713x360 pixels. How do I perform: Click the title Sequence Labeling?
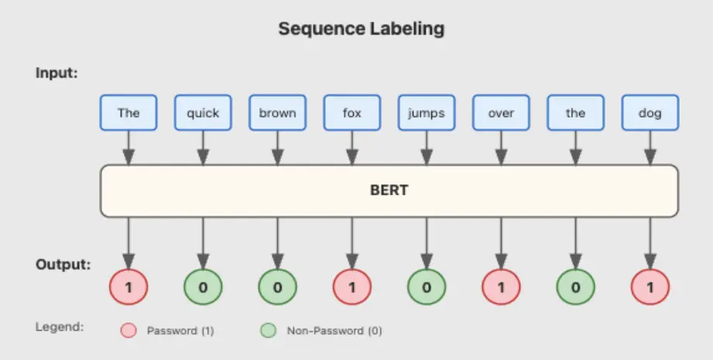pyautogui.click(x=361, y=29)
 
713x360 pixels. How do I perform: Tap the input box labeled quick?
pyautogui.click(x=203, y=113)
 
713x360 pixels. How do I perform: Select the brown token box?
pyautogui.click(x=277, y=113)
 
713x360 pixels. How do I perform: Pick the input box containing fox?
pyautogui.click(x=352, y=113)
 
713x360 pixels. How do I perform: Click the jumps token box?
pyautogui.click(x=427, y=113)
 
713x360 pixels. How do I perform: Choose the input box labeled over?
pyautogui.click(x=501, y=113)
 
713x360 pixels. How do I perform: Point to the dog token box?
pyautogui.click(x=650, y=113)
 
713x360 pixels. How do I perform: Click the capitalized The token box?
pyautogui.click(x=129, y=113)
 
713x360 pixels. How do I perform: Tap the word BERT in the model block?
pyautogui.click(x=389, y=190)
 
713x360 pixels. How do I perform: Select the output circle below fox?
pyautogui.click(x=352, y=286)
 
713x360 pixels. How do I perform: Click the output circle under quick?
pyautogui.click(x=203, y=286)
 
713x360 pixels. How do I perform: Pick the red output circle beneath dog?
pyautogui.click(x=650, y=286)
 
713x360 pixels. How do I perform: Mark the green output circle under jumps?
pyautogui.click(x=427, y=286)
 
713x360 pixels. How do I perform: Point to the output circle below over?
pyautogui.click(x=501, y=286)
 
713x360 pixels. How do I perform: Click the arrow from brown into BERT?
pyautogui.click(x=277, y=148)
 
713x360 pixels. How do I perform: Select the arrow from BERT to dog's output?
pyautogui.click(x=650, y=243)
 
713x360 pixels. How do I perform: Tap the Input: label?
pyautogui.click(x=57, y=74)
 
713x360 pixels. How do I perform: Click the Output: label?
pyautogui.click(x=63, y=265)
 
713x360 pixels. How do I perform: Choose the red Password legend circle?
pyautogui.click(x=129, y=331)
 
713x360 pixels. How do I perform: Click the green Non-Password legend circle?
pyautogui.click(x=269, y=331)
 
